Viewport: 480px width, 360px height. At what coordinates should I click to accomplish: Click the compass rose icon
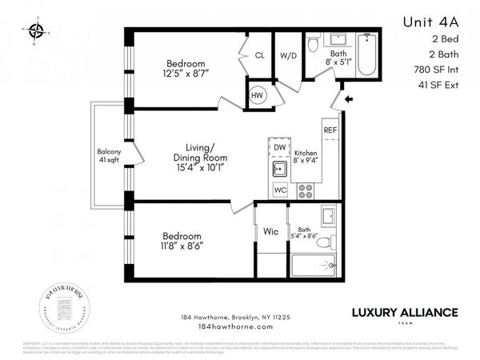point(36,32)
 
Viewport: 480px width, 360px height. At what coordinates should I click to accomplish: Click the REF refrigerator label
point(330,129)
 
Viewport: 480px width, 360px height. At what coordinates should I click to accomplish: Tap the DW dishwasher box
point(279,148)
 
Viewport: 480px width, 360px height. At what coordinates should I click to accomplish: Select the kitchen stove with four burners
point(305,190)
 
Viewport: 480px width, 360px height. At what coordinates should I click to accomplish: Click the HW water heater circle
point(258,95)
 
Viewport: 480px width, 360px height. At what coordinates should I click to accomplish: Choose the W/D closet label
point(287,56)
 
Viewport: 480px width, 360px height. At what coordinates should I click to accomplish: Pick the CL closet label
point(259,56)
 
